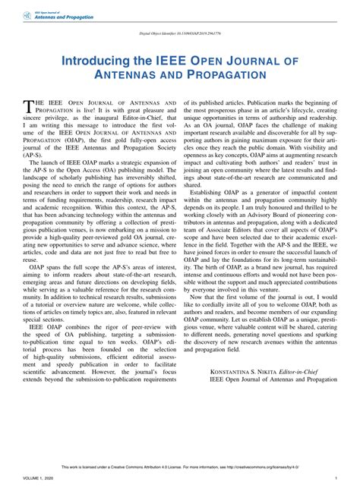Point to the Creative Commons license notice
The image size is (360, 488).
tap(179, 467)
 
